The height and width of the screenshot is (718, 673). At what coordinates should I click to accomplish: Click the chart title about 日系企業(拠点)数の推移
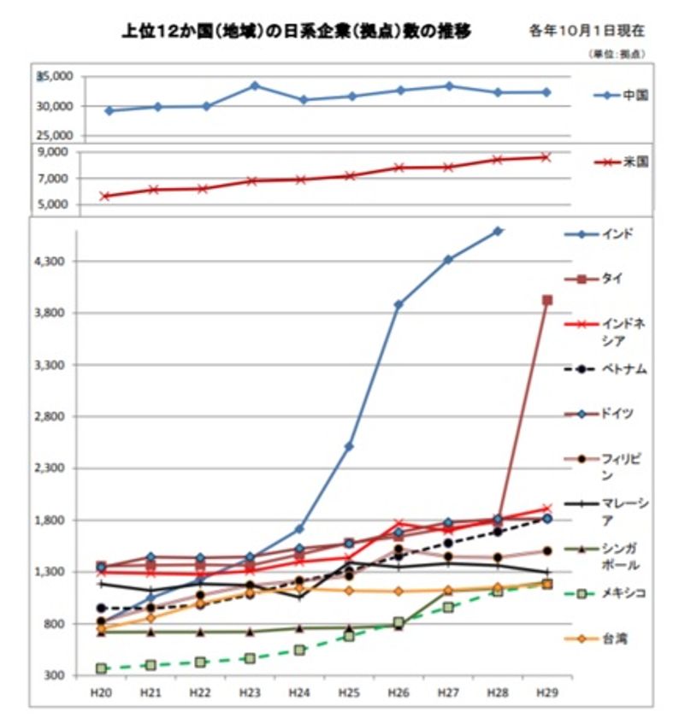tap(294, 32)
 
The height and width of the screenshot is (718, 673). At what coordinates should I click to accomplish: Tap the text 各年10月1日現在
tap(587, 32)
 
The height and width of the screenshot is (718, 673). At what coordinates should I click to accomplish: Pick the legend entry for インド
tap(617, 233)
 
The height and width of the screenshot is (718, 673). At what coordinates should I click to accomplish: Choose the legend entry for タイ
tap(611, 279)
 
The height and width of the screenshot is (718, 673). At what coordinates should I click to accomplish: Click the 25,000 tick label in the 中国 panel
tap(51, 135)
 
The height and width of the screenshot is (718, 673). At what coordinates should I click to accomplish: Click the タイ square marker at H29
tap(546, 300)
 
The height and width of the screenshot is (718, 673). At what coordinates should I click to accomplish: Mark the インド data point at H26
tap(398, 304)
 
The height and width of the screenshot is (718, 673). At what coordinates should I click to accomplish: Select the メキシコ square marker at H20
tap(102, 668)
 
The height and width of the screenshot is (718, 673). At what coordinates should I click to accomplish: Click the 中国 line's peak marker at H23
tap(255, 85)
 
